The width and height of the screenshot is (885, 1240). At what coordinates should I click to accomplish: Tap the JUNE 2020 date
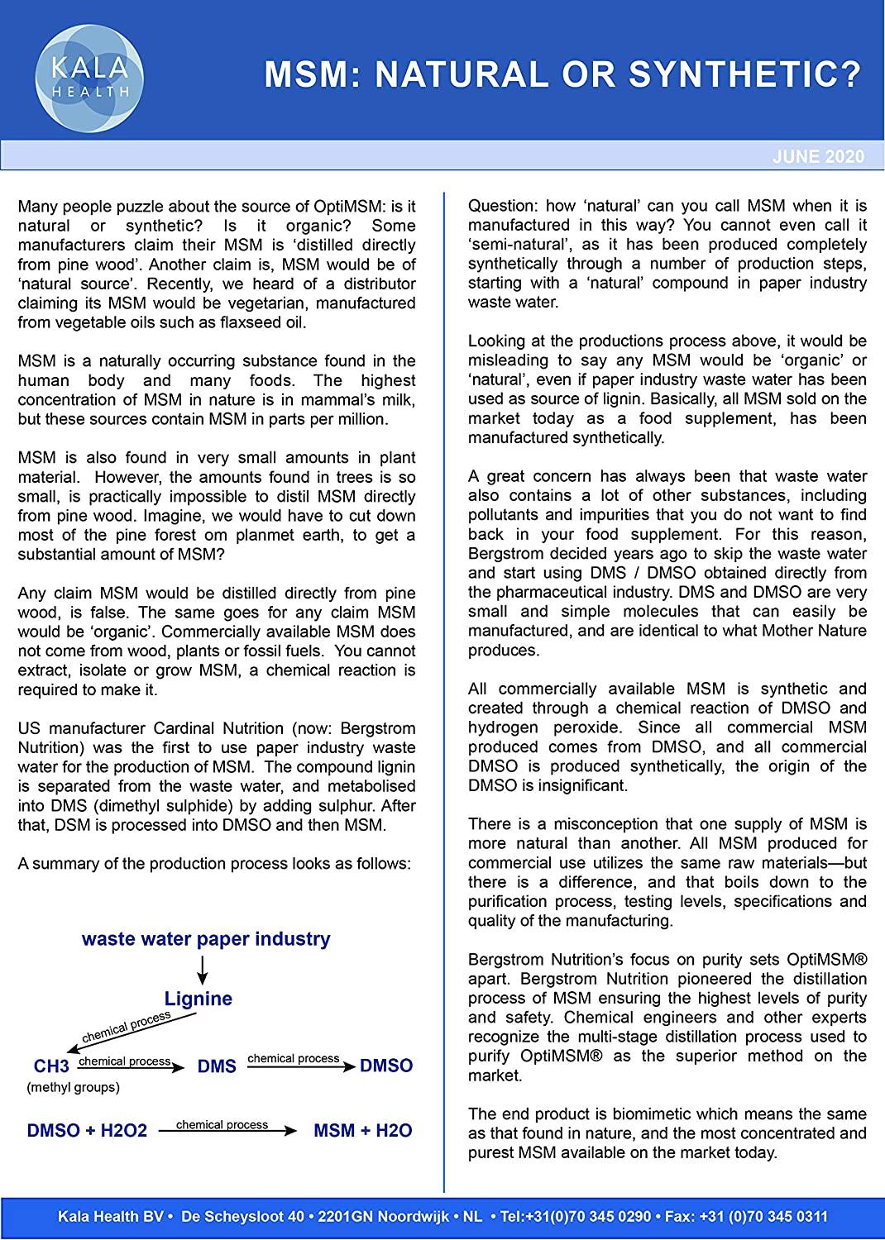pos(818,157)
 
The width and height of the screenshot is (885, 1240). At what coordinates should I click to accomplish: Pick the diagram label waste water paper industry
pos(206,939)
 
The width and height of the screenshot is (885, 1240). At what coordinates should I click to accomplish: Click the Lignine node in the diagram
pos(199,999)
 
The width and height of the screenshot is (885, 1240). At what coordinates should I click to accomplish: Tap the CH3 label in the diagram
pos(51,1066)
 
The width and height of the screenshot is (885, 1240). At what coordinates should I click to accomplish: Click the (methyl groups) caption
pos(73,1088)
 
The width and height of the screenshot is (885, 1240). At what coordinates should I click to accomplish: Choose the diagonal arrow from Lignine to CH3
pos(124,1029)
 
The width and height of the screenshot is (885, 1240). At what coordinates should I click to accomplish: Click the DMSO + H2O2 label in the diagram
pos(87,1130)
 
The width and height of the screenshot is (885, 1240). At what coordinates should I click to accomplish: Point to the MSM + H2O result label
pos(362,1130)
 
